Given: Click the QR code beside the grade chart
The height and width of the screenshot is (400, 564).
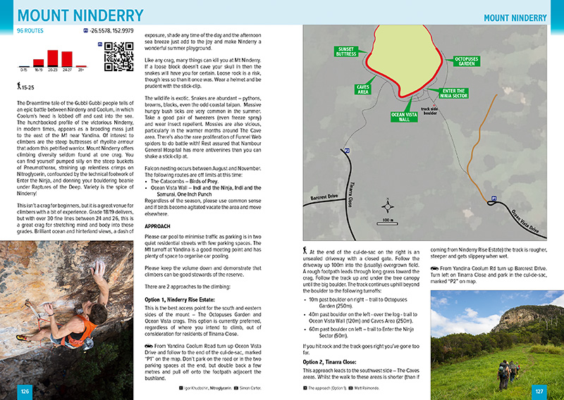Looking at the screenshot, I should pos(118,57).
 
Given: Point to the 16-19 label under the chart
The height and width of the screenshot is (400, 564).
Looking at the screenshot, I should pos(38,70).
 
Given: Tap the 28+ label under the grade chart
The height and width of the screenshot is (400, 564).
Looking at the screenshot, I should pos(80,70).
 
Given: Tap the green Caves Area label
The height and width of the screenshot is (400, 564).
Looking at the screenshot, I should pos(362,89).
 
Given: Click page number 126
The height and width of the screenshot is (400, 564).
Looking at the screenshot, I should pos(25,391).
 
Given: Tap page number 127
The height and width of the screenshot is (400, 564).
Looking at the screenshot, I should pos(539,391).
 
